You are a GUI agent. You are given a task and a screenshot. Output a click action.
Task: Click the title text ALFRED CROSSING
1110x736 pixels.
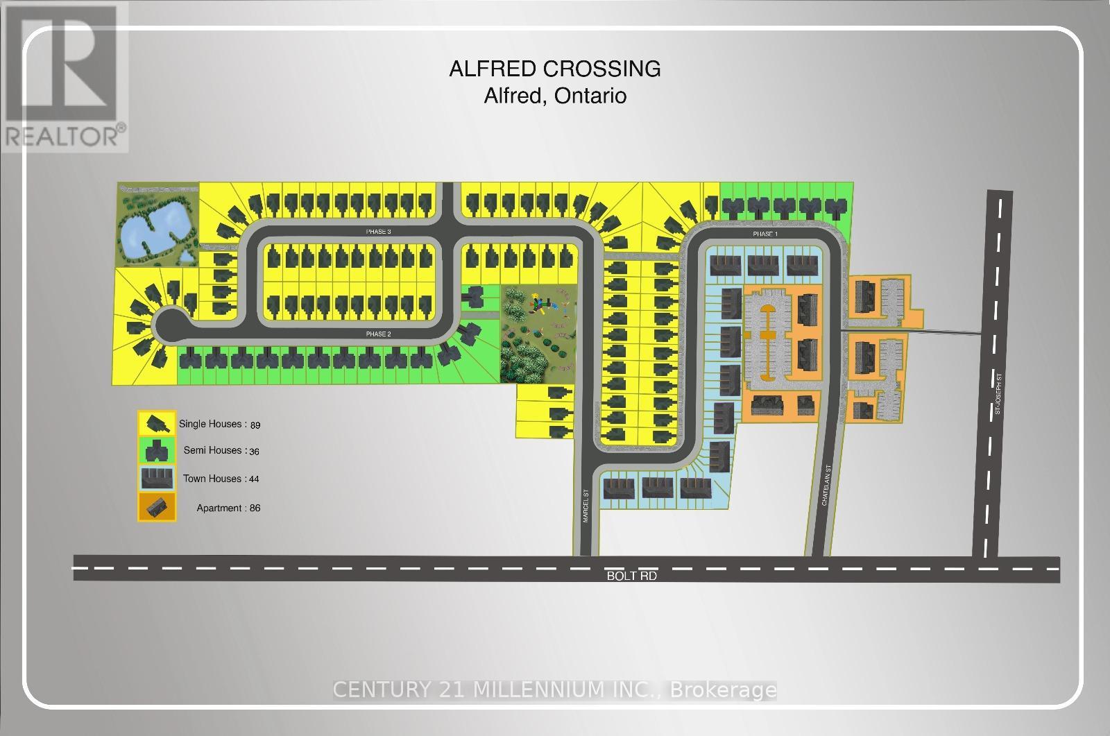pos(555,69)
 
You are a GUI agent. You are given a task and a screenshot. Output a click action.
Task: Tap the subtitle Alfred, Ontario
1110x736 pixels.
pos(555,95)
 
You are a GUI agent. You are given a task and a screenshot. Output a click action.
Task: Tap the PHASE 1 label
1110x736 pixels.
pos(765,234)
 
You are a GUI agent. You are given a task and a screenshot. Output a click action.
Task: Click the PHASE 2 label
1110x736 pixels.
pos(379,334)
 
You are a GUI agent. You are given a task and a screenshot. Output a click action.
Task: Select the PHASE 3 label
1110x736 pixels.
pos(379,232)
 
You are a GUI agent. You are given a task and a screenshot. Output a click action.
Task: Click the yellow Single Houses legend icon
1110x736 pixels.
pos(157,422)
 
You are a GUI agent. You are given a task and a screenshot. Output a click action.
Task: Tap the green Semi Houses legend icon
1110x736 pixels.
pos(157,450)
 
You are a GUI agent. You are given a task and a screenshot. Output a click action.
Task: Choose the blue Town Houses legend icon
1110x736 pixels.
pos(157,479)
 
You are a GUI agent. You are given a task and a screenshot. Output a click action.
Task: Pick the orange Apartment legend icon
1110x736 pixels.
pos(157,507)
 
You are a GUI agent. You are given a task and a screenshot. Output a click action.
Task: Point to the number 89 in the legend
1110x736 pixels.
pos(254,425)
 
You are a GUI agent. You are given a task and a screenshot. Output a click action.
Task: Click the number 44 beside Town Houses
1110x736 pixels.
pos(253,479)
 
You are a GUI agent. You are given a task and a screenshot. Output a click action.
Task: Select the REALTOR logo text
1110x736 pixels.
pos(64,135)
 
